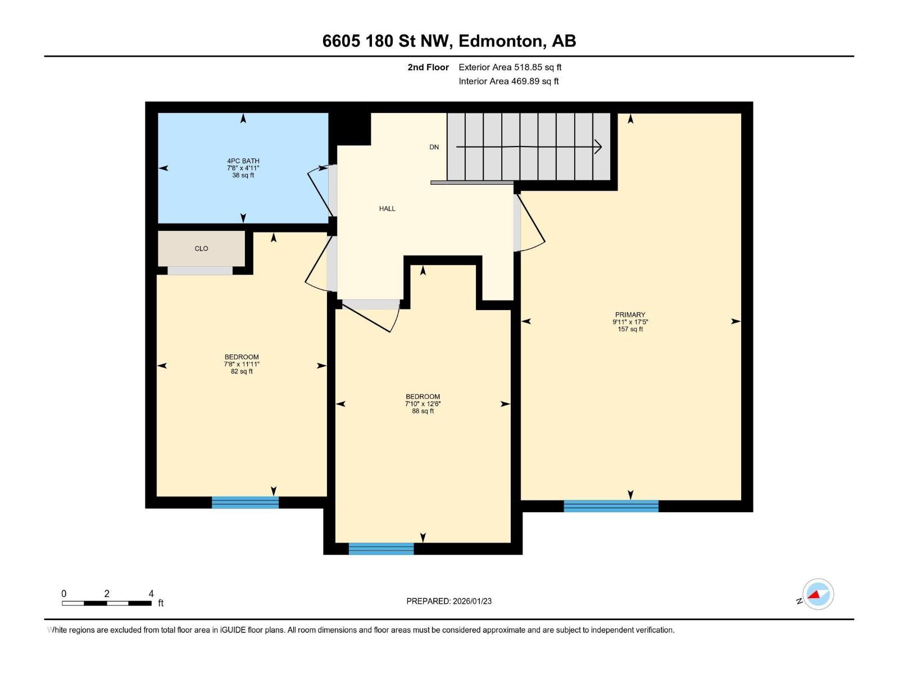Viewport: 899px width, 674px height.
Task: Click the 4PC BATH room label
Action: tap(243, 161)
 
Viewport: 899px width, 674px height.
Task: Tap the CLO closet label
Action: tap(201, 248)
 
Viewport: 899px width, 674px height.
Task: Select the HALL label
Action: tap(387, 208)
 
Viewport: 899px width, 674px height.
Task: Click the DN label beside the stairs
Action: tap(434, 147)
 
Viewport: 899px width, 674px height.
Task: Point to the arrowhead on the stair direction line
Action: tap(598, 147)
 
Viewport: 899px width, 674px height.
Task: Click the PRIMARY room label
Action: tap(630, 315)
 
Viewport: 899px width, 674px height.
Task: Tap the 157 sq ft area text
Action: tap(630, 329)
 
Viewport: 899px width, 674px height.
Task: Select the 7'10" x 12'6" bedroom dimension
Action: tap(423, 404)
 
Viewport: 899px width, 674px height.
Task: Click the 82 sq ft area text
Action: tap(242, 371)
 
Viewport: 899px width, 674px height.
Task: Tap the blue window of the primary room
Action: tap(611, 506)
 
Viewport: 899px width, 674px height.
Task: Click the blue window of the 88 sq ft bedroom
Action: tap(381, 549)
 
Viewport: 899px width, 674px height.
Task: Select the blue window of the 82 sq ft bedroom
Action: tap(245, 503)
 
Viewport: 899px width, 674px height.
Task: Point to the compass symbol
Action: tap(818, 594)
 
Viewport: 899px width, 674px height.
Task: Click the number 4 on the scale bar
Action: tap(151, 594)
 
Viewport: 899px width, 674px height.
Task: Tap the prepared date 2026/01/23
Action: tap(472, 601)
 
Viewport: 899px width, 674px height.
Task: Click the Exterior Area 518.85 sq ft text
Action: tap(510, 67)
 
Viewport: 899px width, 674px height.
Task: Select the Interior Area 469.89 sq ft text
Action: tap(508, 81)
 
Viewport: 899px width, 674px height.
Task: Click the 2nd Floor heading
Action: tap(428, 67)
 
